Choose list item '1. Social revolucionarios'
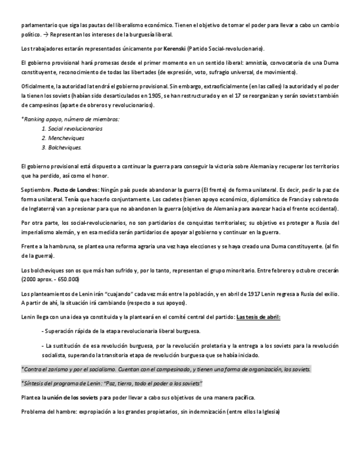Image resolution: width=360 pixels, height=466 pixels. (71, 128)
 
